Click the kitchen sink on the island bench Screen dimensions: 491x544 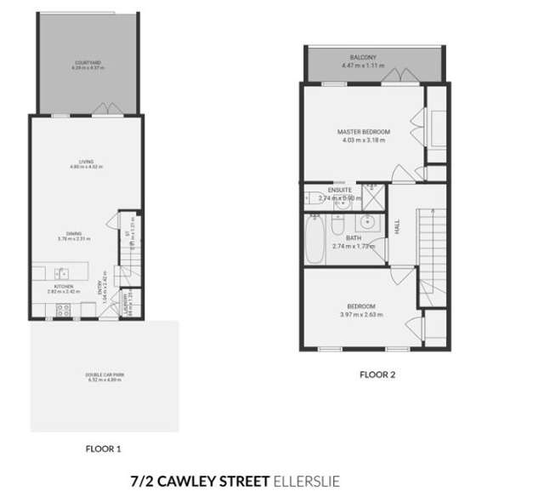pos(62,273)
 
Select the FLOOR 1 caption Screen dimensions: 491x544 pos(105,447)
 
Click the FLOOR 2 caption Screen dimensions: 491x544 pos(377,374)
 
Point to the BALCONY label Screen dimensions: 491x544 pos(363,58)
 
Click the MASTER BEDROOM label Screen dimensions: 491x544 pos(363,132)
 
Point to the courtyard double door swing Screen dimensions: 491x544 pos(105,109)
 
